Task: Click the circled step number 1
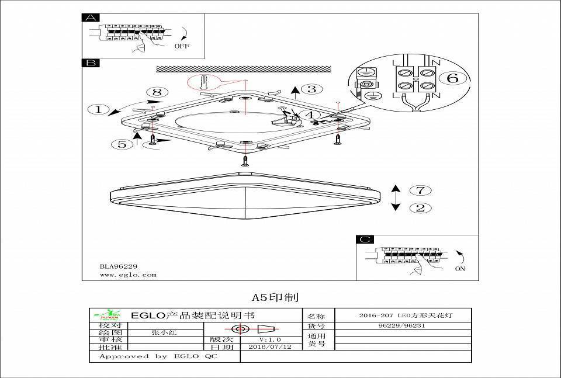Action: point(99,109)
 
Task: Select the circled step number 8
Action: point(157,92)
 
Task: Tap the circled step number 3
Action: point(312,89)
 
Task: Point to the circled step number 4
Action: point(312,115)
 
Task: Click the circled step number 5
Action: point(122,144)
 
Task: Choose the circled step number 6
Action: point(452,78)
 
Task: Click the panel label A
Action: point(91,18)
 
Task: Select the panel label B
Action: point(91,63)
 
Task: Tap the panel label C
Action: point(365,240)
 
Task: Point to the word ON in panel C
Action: point(460,269)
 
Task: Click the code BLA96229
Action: point(119,266)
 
